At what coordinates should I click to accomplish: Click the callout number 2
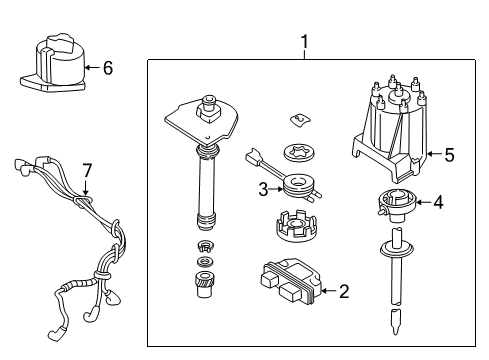(344, 292)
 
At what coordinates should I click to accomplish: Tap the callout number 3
(262, 189)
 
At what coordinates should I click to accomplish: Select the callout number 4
(437, 202)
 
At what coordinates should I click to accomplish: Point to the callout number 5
(449, 155)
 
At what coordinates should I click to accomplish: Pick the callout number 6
(107, 68)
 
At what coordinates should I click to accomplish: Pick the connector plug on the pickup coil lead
(252, 158)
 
